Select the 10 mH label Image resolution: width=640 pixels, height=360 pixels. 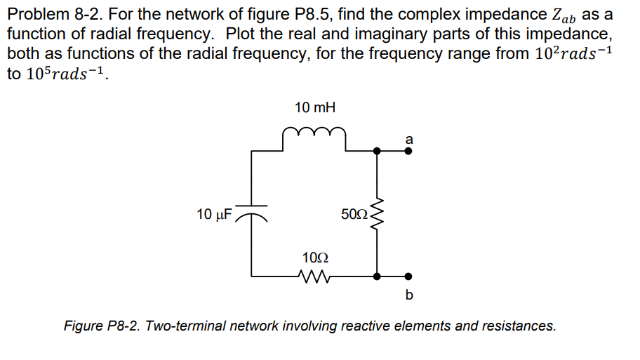[x=314, y=108]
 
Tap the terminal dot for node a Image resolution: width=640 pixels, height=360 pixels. [x=409, y=150]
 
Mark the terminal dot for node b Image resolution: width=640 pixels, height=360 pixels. [x=409, y=276]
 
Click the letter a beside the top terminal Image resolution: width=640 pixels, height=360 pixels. [x=409, y=138]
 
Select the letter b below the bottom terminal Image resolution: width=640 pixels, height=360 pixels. [x=409, y=295]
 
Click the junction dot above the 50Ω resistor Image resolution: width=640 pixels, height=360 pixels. [x=378, y=150]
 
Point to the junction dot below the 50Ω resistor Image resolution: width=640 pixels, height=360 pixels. [x=378, y=276]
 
